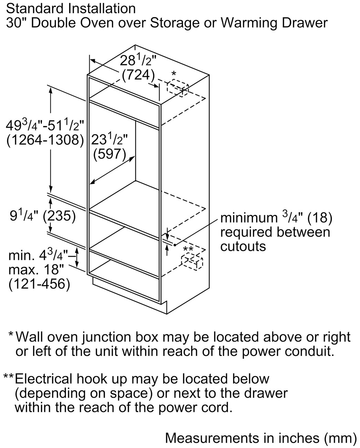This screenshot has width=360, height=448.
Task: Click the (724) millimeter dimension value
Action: [138, 75]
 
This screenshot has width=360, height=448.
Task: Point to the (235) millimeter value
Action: [59, 216]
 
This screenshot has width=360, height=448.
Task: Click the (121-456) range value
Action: [39, 284]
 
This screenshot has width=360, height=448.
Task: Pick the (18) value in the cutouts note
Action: [320, 218]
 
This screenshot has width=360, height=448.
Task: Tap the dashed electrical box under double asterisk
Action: [192, 262]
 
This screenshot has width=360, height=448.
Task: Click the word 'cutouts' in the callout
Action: [243, 246]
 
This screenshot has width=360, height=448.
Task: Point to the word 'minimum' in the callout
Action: [249, 218]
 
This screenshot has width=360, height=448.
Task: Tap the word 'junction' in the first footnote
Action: [107, 337]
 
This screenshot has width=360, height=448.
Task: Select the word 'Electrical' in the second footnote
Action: [43, 378]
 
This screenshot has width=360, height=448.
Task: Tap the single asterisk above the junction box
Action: [173, 74]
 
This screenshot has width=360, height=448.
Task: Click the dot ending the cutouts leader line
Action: [175, 245]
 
